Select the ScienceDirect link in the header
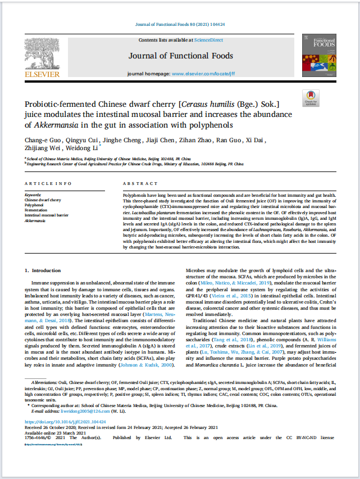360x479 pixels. (x=208, y=40)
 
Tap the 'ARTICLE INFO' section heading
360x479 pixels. (x=48, y=184)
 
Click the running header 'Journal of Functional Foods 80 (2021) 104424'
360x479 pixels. (x=180, y=25)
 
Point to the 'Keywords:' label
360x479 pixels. (x=33, y=195)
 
